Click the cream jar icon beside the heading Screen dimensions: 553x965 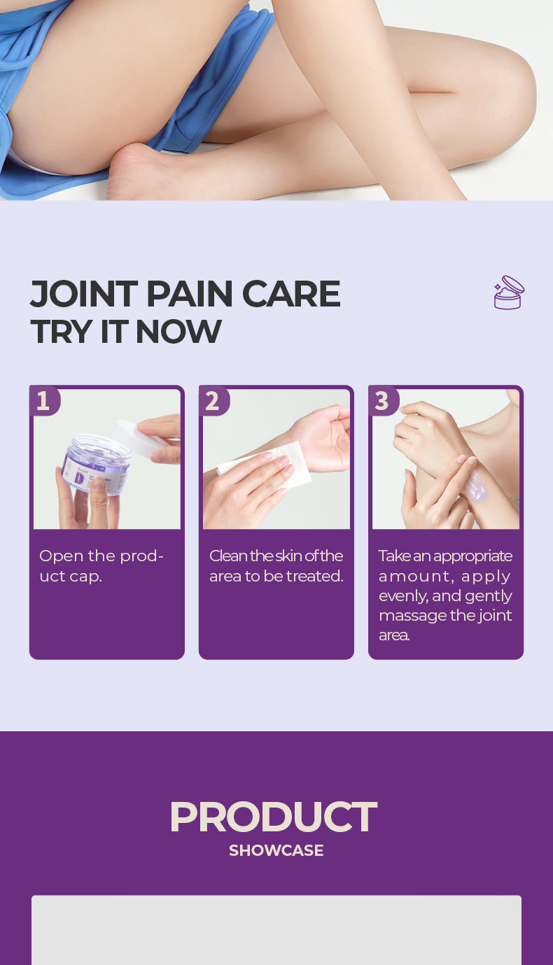tap(509, 293)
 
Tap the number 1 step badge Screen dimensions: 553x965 tap(44, 401)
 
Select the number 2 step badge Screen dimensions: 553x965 tap(213, 401)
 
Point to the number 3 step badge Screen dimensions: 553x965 tap(383, 401)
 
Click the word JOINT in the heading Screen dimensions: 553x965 tap(84, 294)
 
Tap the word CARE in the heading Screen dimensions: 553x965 tap(291, 294)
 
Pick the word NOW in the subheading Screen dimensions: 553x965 tap(178, 332)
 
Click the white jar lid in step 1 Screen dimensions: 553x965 tap(137, 437)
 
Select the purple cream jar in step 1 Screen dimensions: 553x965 tap(96, 465)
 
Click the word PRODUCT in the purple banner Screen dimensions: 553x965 tap(274, 817)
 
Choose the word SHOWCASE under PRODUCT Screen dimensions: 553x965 tap(276, 850)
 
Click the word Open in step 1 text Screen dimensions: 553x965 tap(61, 556)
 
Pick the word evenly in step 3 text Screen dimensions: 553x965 tap(403, 596)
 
